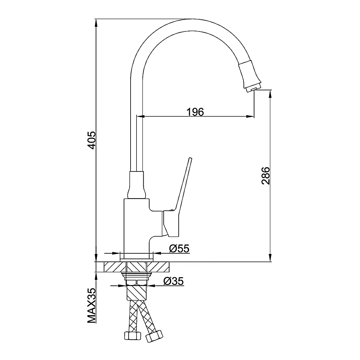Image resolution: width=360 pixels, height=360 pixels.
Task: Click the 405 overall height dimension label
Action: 92,140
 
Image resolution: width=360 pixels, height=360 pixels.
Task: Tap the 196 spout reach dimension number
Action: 195,112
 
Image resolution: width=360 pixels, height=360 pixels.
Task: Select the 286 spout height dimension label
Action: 266,176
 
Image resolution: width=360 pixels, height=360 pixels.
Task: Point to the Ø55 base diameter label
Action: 179,248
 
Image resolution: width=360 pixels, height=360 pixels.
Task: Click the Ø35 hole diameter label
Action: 173,281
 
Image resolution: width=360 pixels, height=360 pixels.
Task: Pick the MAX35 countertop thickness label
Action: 92,306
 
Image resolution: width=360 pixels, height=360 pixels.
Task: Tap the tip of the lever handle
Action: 190,158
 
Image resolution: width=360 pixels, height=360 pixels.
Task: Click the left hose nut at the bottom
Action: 133,336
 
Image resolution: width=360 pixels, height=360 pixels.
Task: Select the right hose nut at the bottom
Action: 154,336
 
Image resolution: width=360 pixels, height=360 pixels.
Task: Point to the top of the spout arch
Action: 192,19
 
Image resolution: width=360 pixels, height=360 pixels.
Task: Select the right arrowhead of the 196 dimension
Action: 250,117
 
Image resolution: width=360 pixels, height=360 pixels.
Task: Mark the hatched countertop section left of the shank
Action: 115,267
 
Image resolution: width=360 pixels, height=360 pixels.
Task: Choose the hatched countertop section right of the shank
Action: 158,267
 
